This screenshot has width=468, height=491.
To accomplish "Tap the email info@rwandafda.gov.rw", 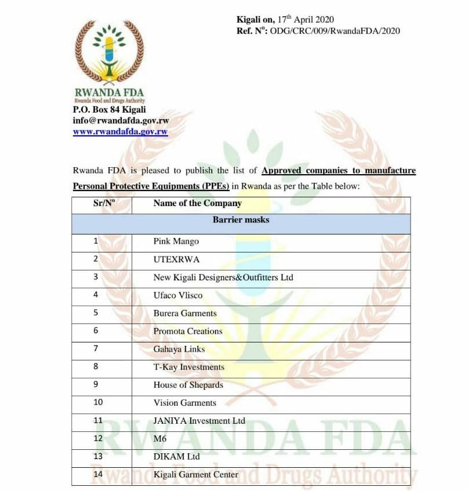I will coord(121,121).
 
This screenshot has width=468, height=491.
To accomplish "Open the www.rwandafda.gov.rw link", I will coord(120,132).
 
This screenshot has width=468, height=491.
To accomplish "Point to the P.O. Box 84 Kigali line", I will coord(109,110).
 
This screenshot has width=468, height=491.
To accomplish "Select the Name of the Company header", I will coord(197,203).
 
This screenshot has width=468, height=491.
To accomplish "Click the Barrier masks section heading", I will coord(241,220).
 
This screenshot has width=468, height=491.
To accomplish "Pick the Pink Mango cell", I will coord(176,241).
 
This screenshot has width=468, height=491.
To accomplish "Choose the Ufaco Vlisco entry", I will coord(178,295).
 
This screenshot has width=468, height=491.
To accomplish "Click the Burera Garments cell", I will coord(185,313).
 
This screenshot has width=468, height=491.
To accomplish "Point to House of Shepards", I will coord(188,385).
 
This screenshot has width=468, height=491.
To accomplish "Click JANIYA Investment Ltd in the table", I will coord(199,421).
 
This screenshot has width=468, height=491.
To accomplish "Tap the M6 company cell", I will coord(160,439).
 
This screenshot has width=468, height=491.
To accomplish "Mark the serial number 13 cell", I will coord(97,457).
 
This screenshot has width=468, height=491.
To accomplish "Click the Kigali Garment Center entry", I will coord(195,475).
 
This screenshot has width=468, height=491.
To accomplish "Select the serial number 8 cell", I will coord(96,367).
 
